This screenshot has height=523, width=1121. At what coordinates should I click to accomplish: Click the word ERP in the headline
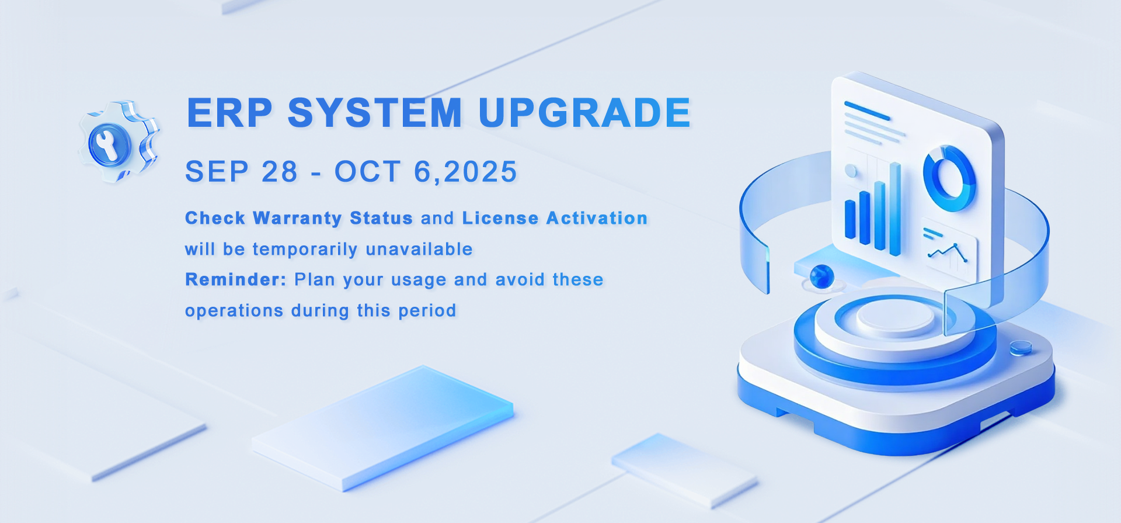click(229, 112)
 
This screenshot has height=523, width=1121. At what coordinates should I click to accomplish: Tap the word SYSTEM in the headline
click(375, 112)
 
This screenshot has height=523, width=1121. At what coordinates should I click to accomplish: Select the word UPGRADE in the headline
click(584, 112)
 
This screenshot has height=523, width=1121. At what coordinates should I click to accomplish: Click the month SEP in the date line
click(217, 172)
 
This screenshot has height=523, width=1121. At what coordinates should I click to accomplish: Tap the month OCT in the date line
click(367, 172)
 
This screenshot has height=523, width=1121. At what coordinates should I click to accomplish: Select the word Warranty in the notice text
click(297, 219)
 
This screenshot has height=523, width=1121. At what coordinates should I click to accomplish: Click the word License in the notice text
click(500, 218)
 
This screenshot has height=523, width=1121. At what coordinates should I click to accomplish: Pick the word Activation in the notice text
click(597, 218)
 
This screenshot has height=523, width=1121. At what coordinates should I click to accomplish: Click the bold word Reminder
click(235, 279)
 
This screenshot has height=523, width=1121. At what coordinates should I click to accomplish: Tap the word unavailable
click(419, 249)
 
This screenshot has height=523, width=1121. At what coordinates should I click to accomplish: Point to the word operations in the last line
click(234, 311)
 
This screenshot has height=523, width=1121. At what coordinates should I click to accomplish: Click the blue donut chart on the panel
click(949, 178)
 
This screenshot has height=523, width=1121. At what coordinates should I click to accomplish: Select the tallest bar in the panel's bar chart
click(894, 209)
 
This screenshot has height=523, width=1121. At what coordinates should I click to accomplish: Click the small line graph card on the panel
click(949, 249)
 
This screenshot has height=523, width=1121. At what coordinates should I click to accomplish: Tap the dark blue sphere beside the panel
click(822, 276)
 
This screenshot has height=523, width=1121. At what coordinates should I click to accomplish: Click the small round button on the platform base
click(1021, 348)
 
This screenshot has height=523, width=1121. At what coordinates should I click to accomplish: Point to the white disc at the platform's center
click(895, 318)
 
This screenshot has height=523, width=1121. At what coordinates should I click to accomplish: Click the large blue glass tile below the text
click(383, 428)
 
